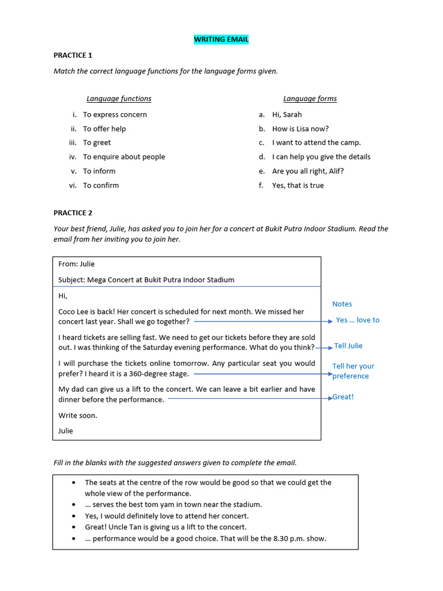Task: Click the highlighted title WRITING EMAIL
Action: [221, 39]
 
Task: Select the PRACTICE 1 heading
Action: [73, 55]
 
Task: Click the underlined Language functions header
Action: [119, 99]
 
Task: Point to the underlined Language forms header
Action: [310, 99]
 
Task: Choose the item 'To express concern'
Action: [115, 114]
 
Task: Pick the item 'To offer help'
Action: [104, 129]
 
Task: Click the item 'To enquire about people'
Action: [124, 157]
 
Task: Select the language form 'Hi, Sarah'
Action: [287, 114]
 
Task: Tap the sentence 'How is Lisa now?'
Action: [301, 129]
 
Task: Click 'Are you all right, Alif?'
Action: [308, 171]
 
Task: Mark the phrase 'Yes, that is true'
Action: [298, 185]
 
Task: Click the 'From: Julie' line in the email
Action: [77, 264]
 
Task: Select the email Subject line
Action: [147, 280]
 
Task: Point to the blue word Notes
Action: [342, 304]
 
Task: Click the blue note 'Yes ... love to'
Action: [358, 320]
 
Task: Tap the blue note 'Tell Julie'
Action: [348, 346]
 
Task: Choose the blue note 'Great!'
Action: [343, 397]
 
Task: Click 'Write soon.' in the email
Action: [78, 416]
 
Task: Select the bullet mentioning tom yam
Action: [173, 504]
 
